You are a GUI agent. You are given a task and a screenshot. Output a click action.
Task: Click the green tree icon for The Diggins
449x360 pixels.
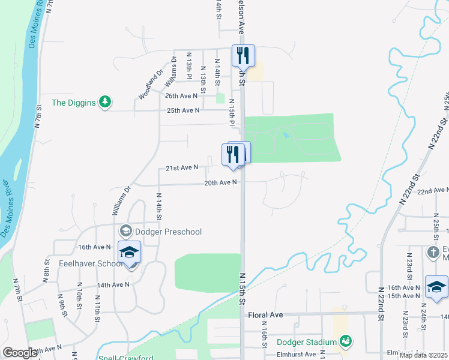tap(106, 102)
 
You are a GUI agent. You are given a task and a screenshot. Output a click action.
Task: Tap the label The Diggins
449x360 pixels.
tap(74, 103)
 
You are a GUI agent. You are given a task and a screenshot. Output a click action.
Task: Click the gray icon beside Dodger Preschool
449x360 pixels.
tap(126, 231)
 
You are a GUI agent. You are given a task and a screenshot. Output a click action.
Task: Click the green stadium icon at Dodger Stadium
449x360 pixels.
tap(345, 342)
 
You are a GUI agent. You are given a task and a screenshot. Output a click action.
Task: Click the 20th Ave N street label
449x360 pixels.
tap(220, 182)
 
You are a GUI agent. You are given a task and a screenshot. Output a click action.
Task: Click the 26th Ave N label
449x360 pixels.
tap(181, 96)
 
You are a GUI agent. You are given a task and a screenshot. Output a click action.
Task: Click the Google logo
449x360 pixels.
tap(20, 353)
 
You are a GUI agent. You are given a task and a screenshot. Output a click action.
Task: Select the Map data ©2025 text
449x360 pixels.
tap(424, 355)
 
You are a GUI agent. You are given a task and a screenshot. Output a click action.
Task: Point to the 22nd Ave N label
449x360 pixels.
tap(432, 191)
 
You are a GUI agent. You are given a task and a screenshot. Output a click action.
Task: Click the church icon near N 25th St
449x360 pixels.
tap(433, 252)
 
